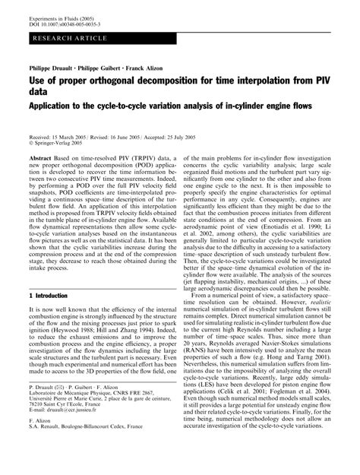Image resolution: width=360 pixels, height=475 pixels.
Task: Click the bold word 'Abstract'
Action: click(x=39, y=154)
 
